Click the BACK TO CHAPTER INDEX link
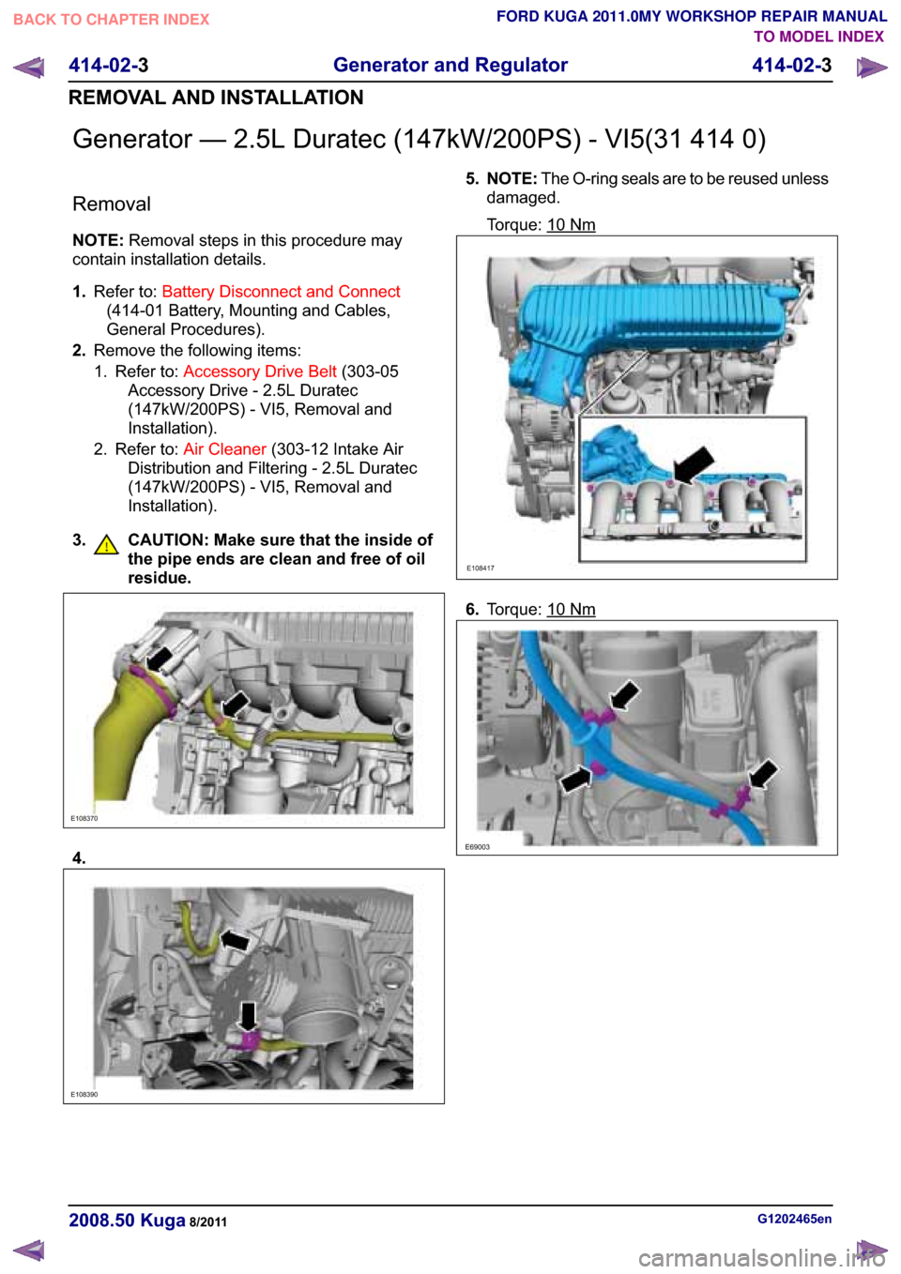(x=111, y=20)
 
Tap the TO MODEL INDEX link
(x=818, y=37)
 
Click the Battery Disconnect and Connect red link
(x=281, y=292)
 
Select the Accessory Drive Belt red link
(x=259, y=372)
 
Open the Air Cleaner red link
(x=224, y=449)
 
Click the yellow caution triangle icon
(x=106, y=544)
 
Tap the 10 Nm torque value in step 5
(x=571, y=225)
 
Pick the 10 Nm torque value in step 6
(x=571, y=610)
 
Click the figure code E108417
(x=481, y=569)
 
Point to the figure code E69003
(x=478, y=847)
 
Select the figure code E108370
(x=84, y=819)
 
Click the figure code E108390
(x=84, y=1095)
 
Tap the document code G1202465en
(x=794, y=1219)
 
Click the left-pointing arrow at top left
(x=29, y=68)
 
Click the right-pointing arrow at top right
(x=872, y=68)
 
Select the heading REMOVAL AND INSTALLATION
(x=216, y=98)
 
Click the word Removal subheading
(x=112, y=205)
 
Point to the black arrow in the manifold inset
(x=693, y=463)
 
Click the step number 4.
(x=80, y=858)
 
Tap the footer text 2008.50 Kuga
(x=127, y=1221)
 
